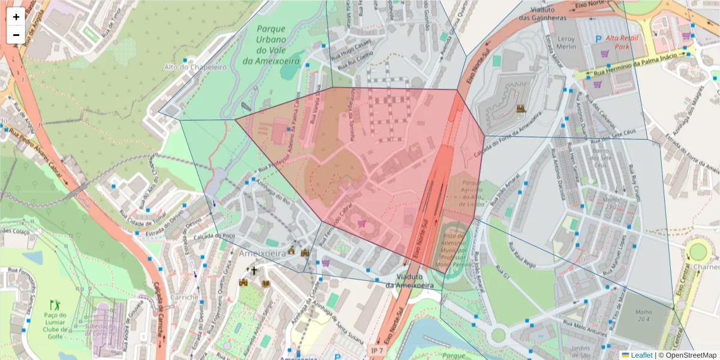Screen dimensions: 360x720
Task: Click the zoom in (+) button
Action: coord(16,17)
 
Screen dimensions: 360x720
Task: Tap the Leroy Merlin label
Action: coord(566,43)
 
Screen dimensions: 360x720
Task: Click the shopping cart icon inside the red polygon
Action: coord(361,223)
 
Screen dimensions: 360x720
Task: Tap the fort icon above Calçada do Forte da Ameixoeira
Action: coord(521,109)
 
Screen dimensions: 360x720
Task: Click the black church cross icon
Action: coord(254,271)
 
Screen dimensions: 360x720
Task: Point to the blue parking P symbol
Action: coord(598,38)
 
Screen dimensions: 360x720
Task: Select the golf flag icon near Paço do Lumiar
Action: coord(56,304)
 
